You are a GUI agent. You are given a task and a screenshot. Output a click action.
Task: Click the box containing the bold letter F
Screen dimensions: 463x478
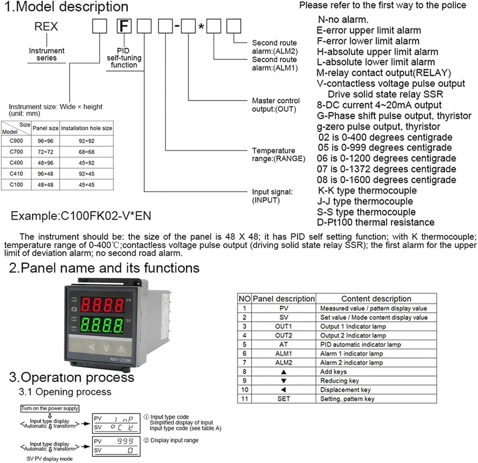click(124, 26)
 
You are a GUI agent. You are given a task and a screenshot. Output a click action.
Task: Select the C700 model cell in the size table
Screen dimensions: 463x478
click(16, 152)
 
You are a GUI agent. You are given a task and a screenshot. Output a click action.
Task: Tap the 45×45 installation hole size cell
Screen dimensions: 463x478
click(86, 185)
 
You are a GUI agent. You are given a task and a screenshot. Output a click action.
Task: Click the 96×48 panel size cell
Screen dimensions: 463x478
click(45, 174)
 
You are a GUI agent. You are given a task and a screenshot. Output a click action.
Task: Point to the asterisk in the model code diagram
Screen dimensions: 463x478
click(201, 27)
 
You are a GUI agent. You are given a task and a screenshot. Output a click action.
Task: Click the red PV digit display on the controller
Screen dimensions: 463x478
click(102, 305)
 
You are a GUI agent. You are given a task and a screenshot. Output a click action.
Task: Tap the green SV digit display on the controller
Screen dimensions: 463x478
click(102, 325)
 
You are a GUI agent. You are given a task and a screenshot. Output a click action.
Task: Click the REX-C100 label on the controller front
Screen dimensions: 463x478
click(120, 360)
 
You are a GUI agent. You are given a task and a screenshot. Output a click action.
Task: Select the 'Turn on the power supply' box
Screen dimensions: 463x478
click(50, 408)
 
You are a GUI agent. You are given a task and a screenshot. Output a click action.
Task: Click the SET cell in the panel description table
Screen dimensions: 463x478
click(283, 399)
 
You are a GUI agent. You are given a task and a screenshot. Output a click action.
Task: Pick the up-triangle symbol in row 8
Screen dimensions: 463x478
click(283, 372)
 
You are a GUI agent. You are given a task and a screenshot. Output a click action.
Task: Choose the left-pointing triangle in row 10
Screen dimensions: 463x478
click(283, 390)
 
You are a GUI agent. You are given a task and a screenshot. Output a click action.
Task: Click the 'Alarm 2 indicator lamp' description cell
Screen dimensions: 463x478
click(351, 363)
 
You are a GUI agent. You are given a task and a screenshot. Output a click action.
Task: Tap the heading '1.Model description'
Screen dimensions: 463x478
click(66, 7)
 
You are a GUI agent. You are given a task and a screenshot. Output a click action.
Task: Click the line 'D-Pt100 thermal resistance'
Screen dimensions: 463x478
click(375, 222)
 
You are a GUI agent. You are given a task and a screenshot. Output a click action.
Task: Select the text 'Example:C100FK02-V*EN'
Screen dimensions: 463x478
click(81, 216)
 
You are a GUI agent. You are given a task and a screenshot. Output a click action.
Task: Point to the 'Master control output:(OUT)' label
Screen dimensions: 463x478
click(276, 105)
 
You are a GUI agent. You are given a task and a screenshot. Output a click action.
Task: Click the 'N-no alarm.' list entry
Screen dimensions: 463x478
click(343, 20)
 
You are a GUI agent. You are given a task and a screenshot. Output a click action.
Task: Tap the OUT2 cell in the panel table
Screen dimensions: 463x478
click(283, 336)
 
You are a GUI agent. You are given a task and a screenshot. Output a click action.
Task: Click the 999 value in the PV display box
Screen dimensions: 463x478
click(125, 441)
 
